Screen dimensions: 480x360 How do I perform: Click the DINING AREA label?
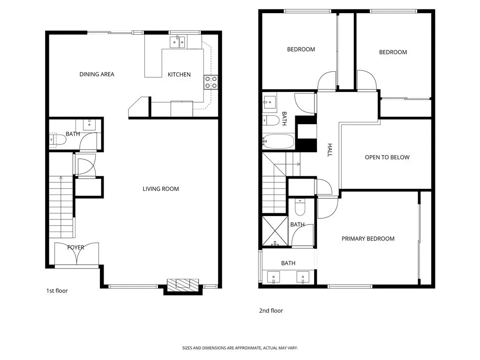pos(97,74)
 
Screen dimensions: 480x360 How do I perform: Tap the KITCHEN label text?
pos(179,75)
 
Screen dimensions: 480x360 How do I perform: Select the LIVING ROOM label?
pos(161,189)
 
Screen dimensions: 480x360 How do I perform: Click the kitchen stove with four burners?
pos(211,82)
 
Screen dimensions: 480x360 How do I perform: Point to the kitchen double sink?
pos(178,42)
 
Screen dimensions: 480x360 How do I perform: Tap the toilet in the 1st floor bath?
pos(58,140)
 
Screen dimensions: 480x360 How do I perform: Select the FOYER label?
pos(75,247)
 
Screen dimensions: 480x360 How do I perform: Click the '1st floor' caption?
pos(57,291)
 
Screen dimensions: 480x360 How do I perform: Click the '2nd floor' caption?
pos(271,311)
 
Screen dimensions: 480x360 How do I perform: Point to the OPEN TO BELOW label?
pos(387,157)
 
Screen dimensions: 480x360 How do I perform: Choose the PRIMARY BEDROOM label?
pos(368,239)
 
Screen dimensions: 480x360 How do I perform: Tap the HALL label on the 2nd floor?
pos(330,150)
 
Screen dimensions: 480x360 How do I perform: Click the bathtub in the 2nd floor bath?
pos(278,142)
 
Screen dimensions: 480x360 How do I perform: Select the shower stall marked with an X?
pos(275,231)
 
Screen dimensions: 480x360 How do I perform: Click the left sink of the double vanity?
pos(273,277)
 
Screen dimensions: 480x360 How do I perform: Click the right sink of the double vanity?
pos(303,277)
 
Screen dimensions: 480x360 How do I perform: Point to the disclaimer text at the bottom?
pos(240,348)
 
